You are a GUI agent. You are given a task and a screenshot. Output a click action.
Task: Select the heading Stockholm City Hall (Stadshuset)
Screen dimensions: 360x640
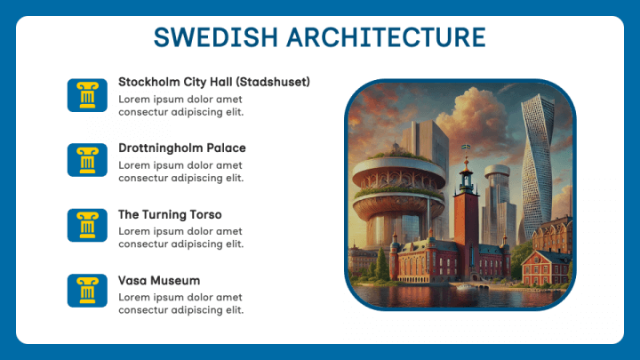pos(213,82)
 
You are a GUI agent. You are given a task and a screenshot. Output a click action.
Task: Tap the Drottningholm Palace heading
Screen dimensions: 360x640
pos(181,148)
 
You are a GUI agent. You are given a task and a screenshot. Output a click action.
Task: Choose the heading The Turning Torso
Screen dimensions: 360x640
pos(170,214)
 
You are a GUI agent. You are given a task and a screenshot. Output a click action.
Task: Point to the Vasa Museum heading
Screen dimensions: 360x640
pos(159,280)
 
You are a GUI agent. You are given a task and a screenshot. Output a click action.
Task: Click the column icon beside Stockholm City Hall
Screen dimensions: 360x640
pos(87,94)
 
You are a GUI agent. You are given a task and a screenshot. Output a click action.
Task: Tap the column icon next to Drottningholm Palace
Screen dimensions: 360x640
pos(87,160)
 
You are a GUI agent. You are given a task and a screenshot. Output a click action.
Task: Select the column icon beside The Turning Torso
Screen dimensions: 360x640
pos(87,226)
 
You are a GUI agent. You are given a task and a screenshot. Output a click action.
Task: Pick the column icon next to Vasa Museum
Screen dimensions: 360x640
pos(87,292)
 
